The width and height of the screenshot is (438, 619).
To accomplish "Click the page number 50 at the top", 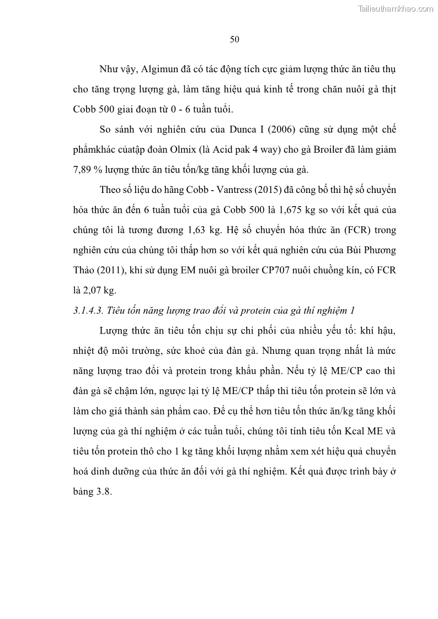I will click(x=234, y=39).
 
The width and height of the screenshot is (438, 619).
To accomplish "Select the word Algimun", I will click(x=160, y=69).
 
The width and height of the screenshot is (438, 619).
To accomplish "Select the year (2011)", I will click(x=114, y=270).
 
